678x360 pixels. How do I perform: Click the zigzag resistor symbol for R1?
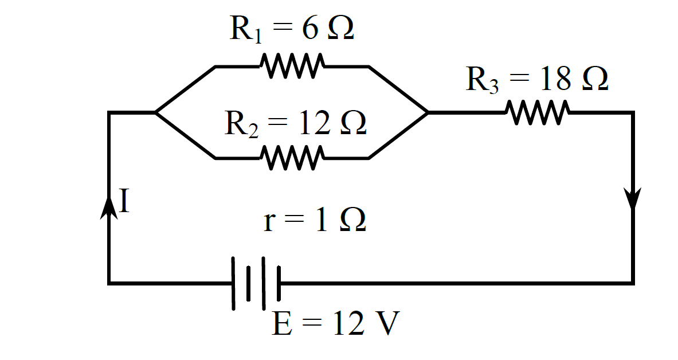click(x=292, y=66)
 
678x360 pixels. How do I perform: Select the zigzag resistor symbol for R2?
click(x=292, y=158)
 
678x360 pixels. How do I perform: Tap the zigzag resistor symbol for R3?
click(x=538, y=112)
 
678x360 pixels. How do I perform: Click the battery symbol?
click(x=256, y=283)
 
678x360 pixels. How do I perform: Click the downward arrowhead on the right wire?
click(x=633, y=198)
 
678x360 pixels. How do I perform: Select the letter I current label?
click(x=124, y=201)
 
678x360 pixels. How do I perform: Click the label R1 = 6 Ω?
click(x=292, y=29)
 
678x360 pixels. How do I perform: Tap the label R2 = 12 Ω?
click(x=295, y=123)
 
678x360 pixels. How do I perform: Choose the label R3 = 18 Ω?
click(x=537, y=79)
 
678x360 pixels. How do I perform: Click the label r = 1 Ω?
click(x=315, y=220)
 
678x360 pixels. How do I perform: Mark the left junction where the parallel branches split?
click(x=156, y=112)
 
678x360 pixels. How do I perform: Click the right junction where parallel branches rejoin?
click(x=428, y=112)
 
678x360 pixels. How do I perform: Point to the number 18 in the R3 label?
click(x=555, y=79)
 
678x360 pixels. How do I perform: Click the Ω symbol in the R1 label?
click(x=341, y=29)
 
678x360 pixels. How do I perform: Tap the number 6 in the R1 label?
click(x=309, y=29)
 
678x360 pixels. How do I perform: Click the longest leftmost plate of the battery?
click(x=233, y=283)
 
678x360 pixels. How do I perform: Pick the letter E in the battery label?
click(x=282, y=324)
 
